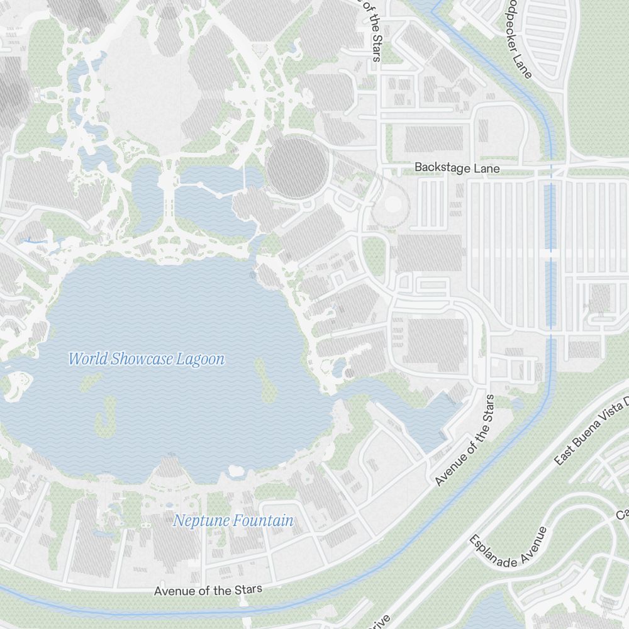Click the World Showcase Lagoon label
146,360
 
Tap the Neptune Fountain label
233,521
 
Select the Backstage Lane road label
457,169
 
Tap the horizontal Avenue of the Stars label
208,591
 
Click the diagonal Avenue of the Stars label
465,440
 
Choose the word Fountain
263,521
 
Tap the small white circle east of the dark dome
392,204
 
